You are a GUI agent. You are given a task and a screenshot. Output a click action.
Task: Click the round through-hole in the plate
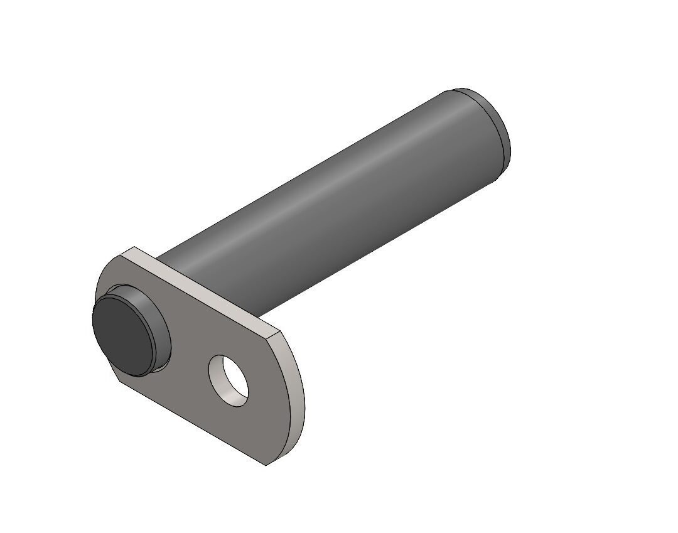point(229,380)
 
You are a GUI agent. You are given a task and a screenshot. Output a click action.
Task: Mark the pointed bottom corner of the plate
point(266,465)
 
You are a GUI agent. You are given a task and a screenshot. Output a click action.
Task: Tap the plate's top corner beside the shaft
point(134,247)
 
